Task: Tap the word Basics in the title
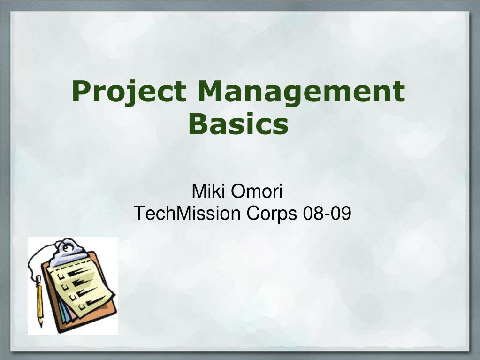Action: tap(238, 124)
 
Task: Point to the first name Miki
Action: tap(206, 192)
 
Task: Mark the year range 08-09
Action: tap(327, 214)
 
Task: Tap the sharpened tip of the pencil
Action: tap(41, 325)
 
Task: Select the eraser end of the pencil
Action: tap(38, 278)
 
